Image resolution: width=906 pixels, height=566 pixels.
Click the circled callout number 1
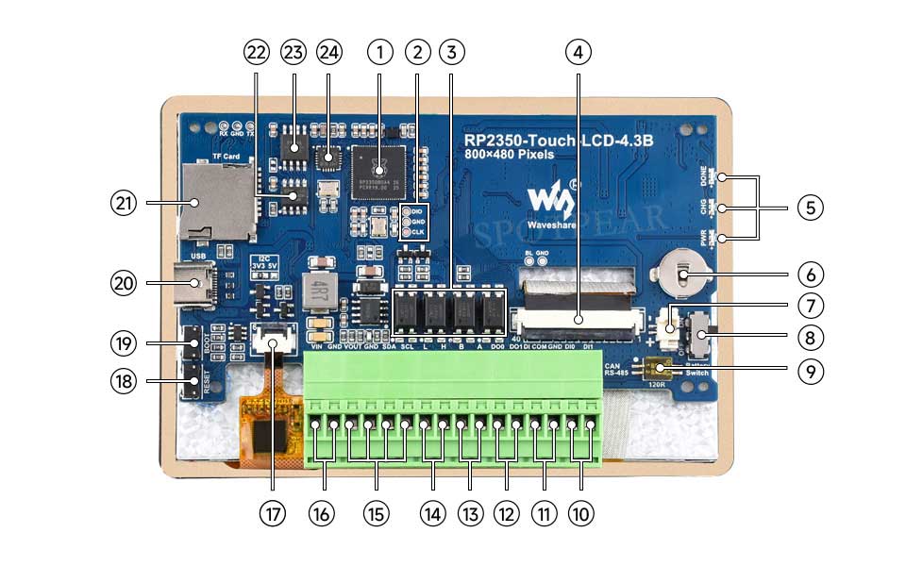point(379,53)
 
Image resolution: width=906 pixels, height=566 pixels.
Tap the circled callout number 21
point(124,202)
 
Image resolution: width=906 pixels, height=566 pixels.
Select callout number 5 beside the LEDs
point(810,208)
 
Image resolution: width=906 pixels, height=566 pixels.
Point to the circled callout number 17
point(273,513)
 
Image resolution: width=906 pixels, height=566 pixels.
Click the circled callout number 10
point(580,513)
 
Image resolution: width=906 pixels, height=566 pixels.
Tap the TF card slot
point(215,200)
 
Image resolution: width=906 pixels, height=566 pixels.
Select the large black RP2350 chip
point(377,171)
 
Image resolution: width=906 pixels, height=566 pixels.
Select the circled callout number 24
point(328,53)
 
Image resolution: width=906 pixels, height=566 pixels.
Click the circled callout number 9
point(810,371)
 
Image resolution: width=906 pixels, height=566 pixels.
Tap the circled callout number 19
point(124,343)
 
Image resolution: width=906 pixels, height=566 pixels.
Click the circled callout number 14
point(432,513)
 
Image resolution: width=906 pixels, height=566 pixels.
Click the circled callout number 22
point(256,53)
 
